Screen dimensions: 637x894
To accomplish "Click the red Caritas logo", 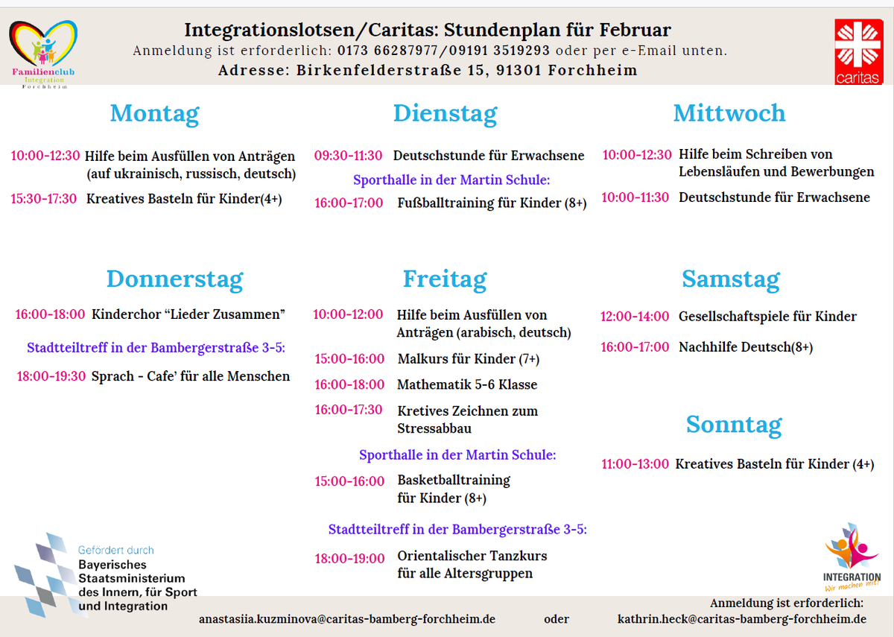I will (857, 51).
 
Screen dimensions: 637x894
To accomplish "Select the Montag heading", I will (155, 113).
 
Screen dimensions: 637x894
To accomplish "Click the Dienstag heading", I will (445, 113).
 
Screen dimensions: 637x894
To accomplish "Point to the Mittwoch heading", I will (729, 113).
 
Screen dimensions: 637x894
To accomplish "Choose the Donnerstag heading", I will (174, 279).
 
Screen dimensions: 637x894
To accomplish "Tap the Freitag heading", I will (445, 279).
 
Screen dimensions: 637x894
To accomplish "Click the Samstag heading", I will (730, 279).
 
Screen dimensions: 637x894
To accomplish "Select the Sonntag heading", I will (734, 424).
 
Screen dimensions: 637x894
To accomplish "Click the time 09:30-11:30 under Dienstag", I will (348, 156).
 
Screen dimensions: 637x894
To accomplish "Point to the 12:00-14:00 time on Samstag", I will (635, 317).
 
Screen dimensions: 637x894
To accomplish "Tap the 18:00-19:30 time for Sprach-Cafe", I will (51, 376).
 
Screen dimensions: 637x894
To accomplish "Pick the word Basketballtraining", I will (454, 480).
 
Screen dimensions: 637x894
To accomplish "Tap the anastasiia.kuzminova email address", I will (347, 619).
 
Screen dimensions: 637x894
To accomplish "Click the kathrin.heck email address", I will (742, 619).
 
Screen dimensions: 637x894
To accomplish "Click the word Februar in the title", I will (633, 30).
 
